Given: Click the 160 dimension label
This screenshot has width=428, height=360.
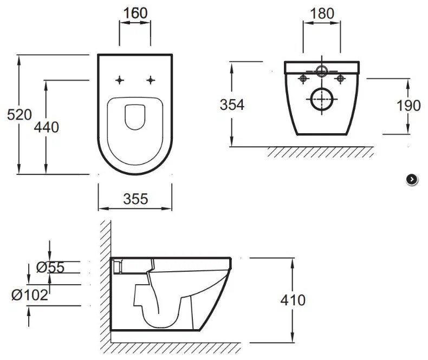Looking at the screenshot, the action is (x=135, y=13).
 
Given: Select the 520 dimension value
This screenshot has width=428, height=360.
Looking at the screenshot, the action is (x=20, y=115).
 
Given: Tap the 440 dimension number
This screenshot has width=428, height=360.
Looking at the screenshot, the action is (x=47, y=127).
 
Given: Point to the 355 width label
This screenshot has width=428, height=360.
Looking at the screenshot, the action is (x=135, y=199).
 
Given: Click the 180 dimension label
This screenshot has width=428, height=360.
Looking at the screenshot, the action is (x=322, y=14).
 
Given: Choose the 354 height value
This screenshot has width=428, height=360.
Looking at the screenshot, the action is (x=232, y=105).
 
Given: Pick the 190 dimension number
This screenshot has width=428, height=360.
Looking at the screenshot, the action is (x=408, y=106).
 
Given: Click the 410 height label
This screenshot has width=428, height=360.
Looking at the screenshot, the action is (x=293, y=300).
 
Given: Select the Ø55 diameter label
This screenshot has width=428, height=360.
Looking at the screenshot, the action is (x=50, y=267).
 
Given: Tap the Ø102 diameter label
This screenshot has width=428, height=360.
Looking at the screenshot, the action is (x=30, y=295).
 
